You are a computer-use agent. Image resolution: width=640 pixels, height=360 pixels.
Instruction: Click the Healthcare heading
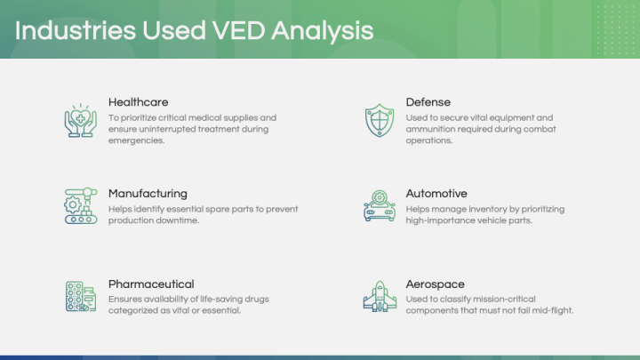coord(138,102)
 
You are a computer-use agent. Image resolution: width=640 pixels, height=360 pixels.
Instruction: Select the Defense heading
coord(428,102)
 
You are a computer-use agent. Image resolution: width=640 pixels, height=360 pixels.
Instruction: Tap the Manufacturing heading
coord(148,193)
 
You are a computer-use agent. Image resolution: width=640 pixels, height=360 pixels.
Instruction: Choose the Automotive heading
coord(436,193)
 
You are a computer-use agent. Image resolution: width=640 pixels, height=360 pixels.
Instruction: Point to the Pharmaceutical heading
coord(151,284)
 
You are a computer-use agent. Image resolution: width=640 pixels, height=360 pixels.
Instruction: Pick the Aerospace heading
coord(436,284)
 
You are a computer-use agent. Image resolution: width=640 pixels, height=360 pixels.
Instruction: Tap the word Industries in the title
coord(74,30)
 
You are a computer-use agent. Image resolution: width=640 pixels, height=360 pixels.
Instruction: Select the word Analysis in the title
coord(323,30)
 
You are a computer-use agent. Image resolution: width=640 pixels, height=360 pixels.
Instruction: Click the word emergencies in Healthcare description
coord(136,140)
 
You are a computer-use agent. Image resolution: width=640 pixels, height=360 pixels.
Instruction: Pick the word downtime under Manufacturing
coord(180,220)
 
